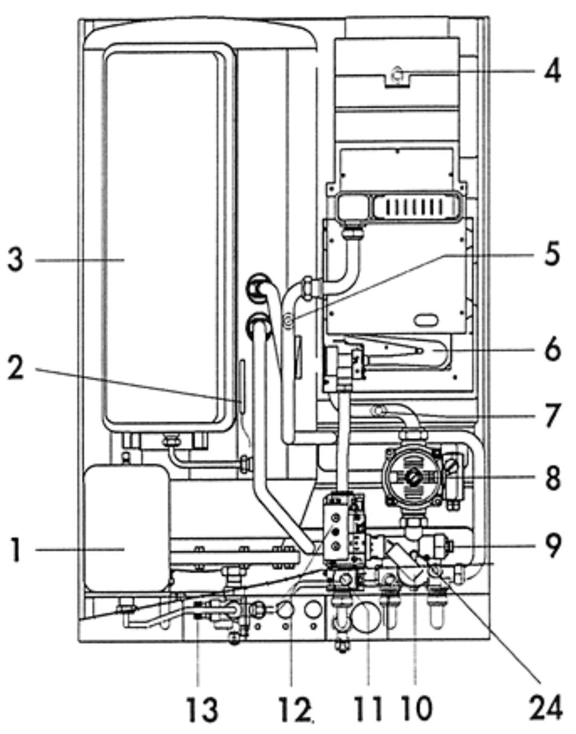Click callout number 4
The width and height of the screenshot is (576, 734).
tap(552, 71)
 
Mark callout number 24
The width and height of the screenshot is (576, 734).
tap(546, 707)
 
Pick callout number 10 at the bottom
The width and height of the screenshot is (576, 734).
tap(415, 708)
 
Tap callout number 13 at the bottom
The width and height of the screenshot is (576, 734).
tap(202, 708)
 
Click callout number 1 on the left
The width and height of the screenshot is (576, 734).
tap(18, 550)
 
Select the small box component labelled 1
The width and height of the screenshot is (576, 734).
tap(127, 527)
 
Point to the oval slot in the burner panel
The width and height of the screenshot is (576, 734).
tap(426, 318)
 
